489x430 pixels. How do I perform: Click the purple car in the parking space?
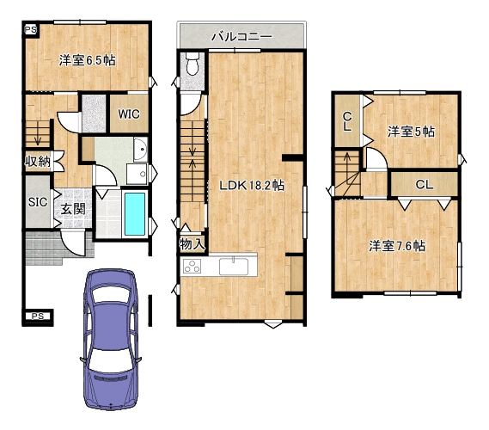pos(111,339)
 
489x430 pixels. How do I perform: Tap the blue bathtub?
pos(135,214)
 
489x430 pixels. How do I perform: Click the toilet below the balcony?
pos(193,64)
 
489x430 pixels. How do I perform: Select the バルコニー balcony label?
pos(241,37)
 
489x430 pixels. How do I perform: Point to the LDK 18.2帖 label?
pos(252,186)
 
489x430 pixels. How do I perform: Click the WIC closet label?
pos(129,114)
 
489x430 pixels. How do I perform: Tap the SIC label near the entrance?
pos(38,202)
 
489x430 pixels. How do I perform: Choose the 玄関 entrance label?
pos(73,209)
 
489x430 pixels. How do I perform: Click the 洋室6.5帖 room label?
pos(88,60)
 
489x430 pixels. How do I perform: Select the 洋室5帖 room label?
pos(411,132)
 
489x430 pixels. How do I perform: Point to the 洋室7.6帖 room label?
pos(397,246)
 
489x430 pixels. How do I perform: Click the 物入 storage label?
pos(192,244)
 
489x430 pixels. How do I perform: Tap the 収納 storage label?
pos(38,162)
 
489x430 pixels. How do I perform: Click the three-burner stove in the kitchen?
pos(193,267)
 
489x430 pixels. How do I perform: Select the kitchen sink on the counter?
pos(234,267)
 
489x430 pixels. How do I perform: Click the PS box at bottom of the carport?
pos(38,316)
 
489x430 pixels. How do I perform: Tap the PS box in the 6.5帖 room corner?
pos(31,30)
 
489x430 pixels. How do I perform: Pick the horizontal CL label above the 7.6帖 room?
pos(425,185)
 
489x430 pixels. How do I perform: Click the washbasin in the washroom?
pos(141,150)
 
